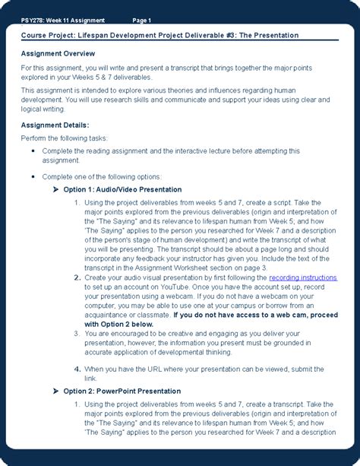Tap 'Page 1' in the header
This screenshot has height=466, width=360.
point(142,20)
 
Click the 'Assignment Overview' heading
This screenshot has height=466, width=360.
point(58,53)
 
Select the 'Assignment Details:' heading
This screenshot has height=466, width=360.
point(55,125)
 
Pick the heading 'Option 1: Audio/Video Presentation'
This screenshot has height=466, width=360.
point(122,189)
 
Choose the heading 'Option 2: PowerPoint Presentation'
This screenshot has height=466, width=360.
point(122,391)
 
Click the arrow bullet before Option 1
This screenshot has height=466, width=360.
point(56,189)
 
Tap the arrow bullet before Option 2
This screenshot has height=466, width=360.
point(56,391)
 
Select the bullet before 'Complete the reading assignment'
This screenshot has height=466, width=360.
point(33,151)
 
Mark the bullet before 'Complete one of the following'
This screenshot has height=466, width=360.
point(33,176)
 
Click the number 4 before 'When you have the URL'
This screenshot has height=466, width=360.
point(77,369)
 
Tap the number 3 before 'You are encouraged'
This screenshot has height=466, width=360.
point(77,333)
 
